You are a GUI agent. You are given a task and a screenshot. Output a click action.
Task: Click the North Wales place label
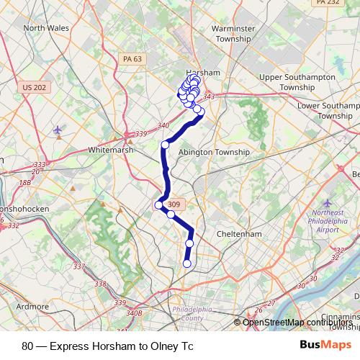pos(45,28)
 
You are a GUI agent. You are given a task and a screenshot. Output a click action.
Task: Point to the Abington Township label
pos(213,153)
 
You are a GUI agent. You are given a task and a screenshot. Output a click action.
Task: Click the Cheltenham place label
pos(240,234)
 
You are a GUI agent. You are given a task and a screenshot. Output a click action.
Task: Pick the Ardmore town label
pos(32,306)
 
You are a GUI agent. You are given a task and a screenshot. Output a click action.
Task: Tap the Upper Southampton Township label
pos(297,81)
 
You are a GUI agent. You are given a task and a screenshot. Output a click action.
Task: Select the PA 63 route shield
pos(132,59)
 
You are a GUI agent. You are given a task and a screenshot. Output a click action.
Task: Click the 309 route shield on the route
pos(173,205)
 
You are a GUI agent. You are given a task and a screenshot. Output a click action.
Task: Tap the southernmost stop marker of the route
pos(187,264)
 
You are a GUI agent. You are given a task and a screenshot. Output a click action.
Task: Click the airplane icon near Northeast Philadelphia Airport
pos(328,204)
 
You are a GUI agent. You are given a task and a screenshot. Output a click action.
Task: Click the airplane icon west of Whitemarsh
pos(58,130)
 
